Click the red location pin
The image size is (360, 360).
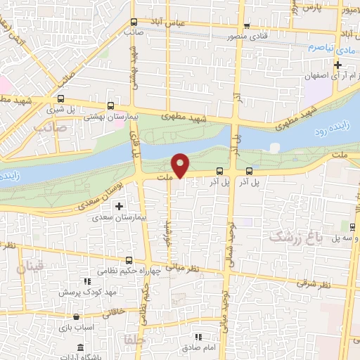click(x=181, y=165)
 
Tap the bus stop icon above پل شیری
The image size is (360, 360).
click(x=61, y=99)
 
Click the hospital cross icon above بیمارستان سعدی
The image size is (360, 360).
click(x=118, y=206)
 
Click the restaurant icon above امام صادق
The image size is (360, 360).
click(x=199, y=337)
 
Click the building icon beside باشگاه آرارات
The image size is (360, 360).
click(x=80, y=348)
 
